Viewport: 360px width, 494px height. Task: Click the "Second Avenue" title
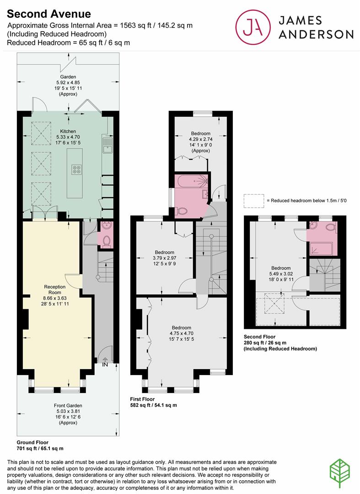(49, 14)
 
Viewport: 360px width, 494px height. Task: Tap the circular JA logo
(253, 27)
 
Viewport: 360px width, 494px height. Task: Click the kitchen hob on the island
(76, 170)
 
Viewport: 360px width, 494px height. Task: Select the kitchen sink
(107, 145)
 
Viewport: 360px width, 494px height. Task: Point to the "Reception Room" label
(55, 290)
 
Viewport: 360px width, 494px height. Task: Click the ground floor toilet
(107, 241)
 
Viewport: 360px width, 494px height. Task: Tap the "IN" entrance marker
(105, 365)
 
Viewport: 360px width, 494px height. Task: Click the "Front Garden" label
(68, 405)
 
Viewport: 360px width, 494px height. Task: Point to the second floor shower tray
(321, 248)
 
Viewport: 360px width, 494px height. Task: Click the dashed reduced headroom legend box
(254, 201)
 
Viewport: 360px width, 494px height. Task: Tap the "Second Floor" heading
(259, 337)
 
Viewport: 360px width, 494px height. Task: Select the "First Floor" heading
(142, 399)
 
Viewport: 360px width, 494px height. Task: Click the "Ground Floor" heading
(32, 442)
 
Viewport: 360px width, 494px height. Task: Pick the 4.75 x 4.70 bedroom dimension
(182, 333)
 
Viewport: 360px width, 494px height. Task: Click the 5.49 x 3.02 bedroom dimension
(281, 274)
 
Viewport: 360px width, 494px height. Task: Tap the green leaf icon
(340, 474)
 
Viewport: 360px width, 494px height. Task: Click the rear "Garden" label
(68, 76)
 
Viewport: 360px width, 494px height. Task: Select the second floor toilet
(331, 227)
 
